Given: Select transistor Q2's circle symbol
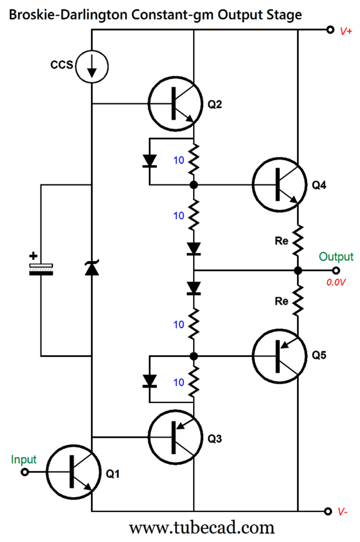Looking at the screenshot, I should pos(174,104).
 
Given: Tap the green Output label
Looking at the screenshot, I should pos(336,257).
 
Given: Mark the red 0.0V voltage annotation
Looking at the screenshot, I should pos(336,283).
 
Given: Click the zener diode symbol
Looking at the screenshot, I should pos(92,269).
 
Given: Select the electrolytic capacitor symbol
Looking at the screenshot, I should pos(41,269).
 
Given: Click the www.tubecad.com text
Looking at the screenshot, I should pos(201,528).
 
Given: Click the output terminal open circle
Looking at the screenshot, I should pos(336,270).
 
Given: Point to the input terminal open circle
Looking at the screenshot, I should pos(26,472).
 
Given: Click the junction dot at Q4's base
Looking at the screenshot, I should pos(194,185).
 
